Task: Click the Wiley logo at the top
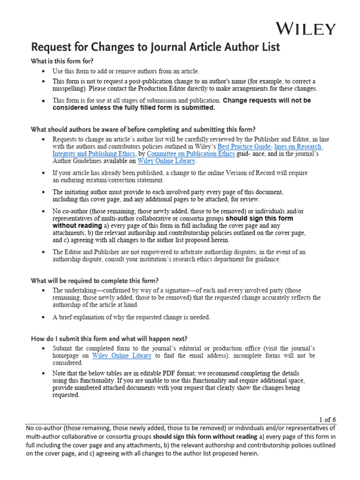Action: click(305, 29)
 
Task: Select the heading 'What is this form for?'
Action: click(62, 61)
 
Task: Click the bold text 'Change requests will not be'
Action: click(267, 100)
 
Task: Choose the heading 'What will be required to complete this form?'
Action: click(95, 281)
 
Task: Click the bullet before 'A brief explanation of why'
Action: click(43, 317)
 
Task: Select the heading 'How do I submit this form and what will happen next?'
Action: click(109, 338)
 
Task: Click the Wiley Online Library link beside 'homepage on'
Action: click(122, 356)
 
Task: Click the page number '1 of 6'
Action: click(327, 420)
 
